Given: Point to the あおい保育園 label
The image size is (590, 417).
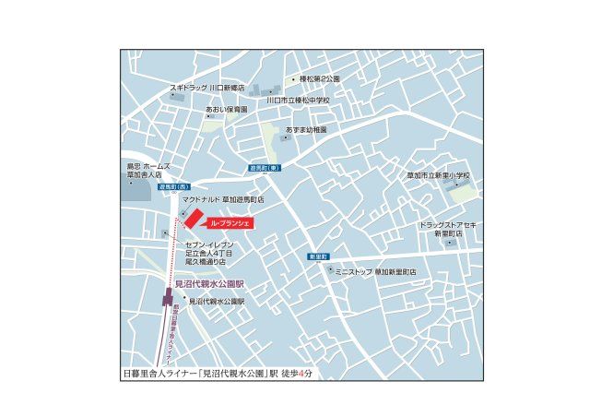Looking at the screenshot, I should (226, 109).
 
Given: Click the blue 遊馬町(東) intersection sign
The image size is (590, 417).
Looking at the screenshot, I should (264, 169).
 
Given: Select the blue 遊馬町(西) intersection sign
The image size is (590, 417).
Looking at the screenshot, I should (147, 186).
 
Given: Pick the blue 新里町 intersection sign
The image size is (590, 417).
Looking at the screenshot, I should (319, 256).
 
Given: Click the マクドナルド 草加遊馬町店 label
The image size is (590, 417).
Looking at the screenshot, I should (223, 198).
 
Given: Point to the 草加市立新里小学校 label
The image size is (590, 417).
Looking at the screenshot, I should (438, 174).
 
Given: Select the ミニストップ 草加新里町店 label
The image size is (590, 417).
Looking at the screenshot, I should (374, 272).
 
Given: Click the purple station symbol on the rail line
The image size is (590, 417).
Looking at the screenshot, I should (168, 298).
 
